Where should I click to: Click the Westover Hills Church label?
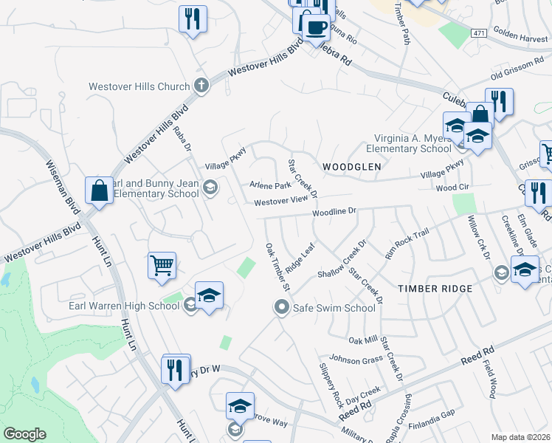click(x=139, y=86)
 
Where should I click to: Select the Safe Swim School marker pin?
click(x=281, y=308)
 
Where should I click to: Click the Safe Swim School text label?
click(x=334, y=308)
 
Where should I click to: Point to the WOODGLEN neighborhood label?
click(x=352, y=167)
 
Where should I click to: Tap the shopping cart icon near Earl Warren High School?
click(x=162, y=264)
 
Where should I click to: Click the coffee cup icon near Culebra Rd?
click(x=316, y=27)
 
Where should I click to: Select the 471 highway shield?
click(x=479, y=33)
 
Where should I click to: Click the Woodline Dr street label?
click(x=334, y=212)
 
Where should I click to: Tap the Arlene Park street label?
click(x=271, y=185)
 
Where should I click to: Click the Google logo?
click(x=24, y=434)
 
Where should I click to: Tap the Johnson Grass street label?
click(x=356, y=360)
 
